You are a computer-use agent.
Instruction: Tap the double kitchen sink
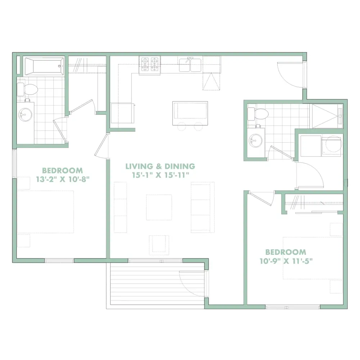[190, 65]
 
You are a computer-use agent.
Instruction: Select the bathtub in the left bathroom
[44, 66]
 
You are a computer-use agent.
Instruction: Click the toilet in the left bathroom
[27, 89]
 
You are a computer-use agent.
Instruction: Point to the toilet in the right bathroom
[258, 114]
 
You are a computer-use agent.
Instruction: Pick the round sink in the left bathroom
[26, 114]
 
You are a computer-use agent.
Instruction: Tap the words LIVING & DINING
[160, 166]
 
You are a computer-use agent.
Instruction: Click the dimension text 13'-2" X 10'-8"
[63, 179]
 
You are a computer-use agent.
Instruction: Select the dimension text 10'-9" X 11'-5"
[286, 261]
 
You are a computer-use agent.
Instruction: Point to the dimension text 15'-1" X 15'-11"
[161, 175]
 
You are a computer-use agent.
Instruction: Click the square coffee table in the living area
[159, 207]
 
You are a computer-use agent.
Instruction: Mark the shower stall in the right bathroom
[326, 116]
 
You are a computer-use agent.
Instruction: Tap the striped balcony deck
[157, 284]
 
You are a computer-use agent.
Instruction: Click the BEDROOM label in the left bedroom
[62, 171]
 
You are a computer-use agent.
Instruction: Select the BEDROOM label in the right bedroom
[286, 252]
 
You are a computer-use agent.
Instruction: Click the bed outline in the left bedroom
[45, 212]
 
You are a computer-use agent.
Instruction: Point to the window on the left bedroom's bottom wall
[59, 261]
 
